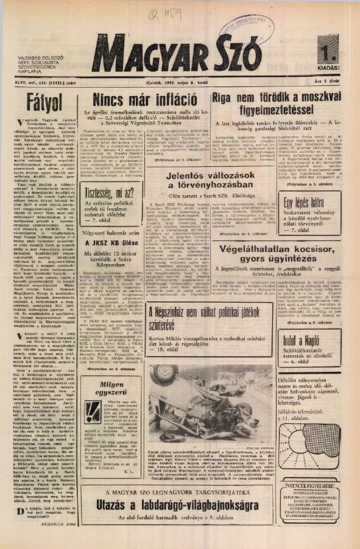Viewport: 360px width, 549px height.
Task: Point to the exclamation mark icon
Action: pos(93,411)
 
